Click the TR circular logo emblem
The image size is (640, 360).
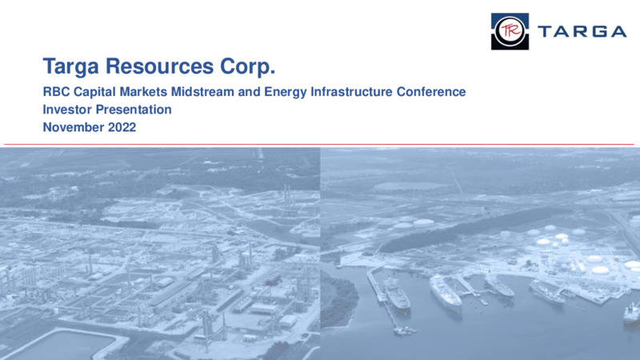point(510,31)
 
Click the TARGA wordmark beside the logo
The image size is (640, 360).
point(582,31)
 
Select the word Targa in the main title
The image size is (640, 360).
point(70,66)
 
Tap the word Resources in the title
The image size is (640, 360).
point(159,66)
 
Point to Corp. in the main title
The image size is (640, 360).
point(248,67)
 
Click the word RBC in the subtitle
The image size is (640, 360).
point(56,91)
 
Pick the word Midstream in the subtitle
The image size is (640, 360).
point(202,91)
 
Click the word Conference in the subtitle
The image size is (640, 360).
point(431,91)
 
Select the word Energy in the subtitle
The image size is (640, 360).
point(286,92)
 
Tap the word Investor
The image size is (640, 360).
point(67,110)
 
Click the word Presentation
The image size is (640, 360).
point(134,110)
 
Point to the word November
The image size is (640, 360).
point(74,127)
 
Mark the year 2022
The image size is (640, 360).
point(122,127)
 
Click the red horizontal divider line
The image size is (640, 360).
point(318,144)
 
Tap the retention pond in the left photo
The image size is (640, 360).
point(62,346)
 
